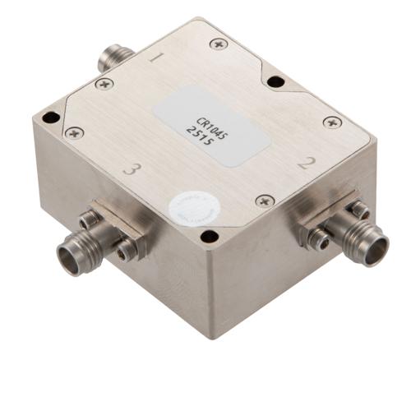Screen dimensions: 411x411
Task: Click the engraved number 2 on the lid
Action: point(307,163)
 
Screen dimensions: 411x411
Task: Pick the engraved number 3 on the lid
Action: point(127,170)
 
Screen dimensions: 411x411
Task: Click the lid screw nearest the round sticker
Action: point(263,200)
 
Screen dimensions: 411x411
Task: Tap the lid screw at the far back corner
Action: point(217,44)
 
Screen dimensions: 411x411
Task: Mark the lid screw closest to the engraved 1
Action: point(104,83)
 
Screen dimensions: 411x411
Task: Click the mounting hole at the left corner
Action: point(51,117)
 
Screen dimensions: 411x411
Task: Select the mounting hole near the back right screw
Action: point(276,81)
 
